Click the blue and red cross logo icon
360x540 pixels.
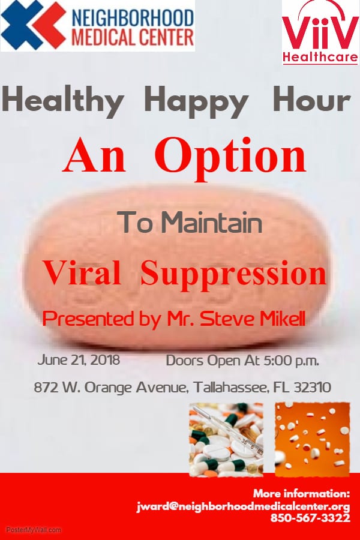(33, 25)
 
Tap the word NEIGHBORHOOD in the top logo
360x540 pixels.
(133, 17)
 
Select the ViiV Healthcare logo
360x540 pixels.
(320, 33)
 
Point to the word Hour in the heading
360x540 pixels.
(311, 98)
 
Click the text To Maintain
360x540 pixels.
(190, 222)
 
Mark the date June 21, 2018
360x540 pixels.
(79, 360)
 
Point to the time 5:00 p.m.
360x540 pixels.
(291, 361)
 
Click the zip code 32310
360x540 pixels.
(313, 388)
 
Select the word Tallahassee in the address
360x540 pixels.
(230, 388)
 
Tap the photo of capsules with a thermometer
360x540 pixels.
(226, 440)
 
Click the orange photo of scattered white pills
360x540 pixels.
(312, 439)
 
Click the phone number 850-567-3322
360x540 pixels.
(310, 518)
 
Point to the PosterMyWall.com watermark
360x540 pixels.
(34, 530)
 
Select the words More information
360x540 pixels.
(301, 494)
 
